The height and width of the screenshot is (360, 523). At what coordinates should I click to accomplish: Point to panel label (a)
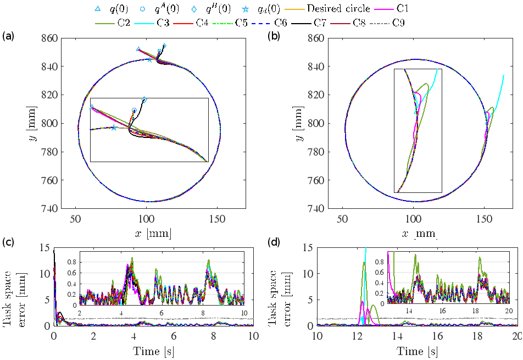tap(8, 36)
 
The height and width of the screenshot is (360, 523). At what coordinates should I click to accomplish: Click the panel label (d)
tap(273, 242)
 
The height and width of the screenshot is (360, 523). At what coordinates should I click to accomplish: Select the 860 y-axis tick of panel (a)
tap(49, 38)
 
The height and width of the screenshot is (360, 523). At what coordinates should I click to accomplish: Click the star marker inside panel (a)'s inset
tap(114, 128)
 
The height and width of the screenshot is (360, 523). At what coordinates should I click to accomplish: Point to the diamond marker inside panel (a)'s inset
tap(144, 99)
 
